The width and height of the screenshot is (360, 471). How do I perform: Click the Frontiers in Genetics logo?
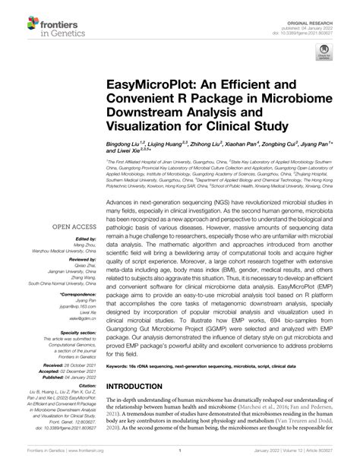[x=48, y=21]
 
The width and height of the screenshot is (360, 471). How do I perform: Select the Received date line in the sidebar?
[x=66, y=363]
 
